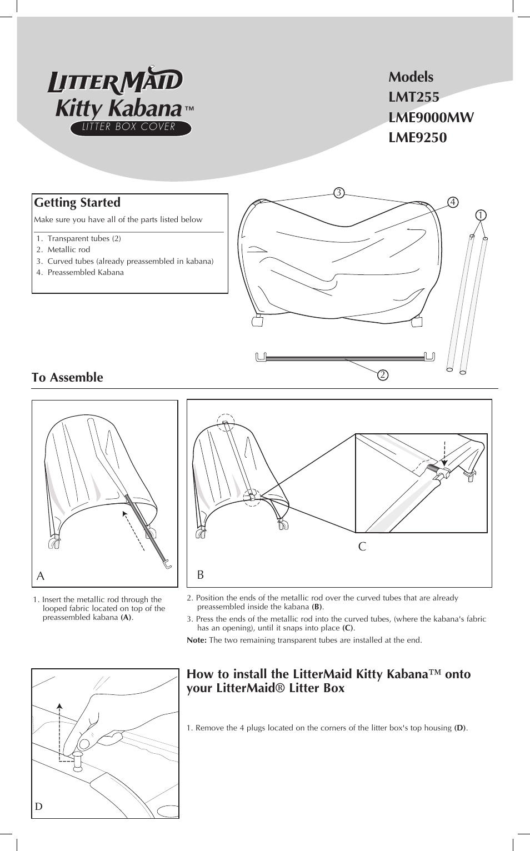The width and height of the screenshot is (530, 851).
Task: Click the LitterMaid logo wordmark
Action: click(x=115, y=81)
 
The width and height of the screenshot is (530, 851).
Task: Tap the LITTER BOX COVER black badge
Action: click(x=131, y=128)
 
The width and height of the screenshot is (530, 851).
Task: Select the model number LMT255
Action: click(x=414, y=97)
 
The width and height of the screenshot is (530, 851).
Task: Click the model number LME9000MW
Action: click(x=431, y=118)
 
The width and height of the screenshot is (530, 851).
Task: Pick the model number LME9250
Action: click(x=417, y=138)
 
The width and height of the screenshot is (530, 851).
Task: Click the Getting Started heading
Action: click(x=77, y=203)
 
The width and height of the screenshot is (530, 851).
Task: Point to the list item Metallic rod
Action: click(x=68, y=250)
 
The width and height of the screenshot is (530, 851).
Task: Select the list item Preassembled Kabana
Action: click(x=85, y=273)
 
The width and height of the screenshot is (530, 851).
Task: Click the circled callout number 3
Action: click(x=339, y=193)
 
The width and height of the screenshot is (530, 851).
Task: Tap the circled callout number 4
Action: click(x=453, y=202)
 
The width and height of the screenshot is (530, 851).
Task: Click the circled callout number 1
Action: click(x=481, y=215)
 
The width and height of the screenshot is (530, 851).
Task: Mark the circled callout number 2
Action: click(x=383, y=375)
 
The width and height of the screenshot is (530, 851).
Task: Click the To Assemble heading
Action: click(x=67, y=378)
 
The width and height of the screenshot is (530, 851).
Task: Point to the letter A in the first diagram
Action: click(x=41, y=577)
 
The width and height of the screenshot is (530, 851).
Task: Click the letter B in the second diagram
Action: click(x=201, y=575)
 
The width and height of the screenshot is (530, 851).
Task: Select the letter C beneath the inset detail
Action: click(x=362, y=547)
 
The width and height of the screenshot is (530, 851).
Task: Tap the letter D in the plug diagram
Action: click(x=38, y=807)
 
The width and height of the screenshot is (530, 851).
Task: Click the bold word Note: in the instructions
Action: click(x=197, y=640)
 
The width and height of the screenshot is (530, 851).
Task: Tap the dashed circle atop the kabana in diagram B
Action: click(x=226, y=423)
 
